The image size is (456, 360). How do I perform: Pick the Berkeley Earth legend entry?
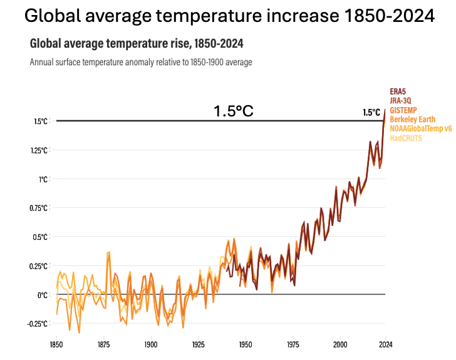tap(412, 119)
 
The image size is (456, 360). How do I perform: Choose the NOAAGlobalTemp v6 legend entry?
tap(420, 128)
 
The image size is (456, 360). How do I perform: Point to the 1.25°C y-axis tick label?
tap(40, 150)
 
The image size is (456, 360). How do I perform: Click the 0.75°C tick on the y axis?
tap(40, 208)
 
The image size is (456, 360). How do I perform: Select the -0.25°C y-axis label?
tap(39, 323)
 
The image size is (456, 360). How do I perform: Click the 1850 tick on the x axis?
tap(56, 344)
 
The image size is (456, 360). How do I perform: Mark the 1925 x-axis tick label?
tap(198, 344)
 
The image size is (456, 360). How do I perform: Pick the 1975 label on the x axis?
tap(293, 344)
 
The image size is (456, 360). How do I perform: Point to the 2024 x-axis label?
tap(385, 344)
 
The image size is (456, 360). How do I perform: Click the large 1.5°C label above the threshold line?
tap(233, 111)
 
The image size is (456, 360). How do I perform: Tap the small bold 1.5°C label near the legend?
tap(371, 113)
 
